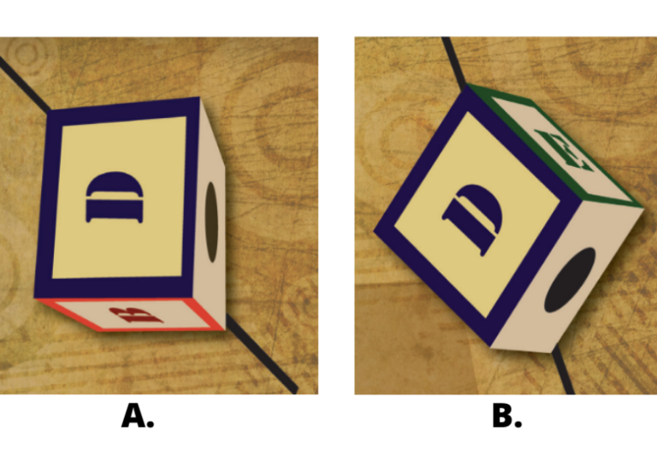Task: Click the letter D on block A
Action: tap(114, 197)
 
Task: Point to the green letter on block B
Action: tap(564, 150)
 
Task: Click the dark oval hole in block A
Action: tap(211, 222)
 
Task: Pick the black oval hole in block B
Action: tap(570, 280)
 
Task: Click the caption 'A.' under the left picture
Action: tap(138, 416)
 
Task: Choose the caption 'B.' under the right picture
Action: tap(507, 416)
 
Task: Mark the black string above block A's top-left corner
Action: tap(24, 84)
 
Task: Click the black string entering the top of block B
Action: tap(453, 62)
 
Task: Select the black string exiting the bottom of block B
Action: tap(563, 370)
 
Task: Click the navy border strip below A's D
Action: tap(114, 288)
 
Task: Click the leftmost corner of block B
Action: tap(374, 230)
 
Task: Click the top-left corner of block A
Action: tap(50, 111)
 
